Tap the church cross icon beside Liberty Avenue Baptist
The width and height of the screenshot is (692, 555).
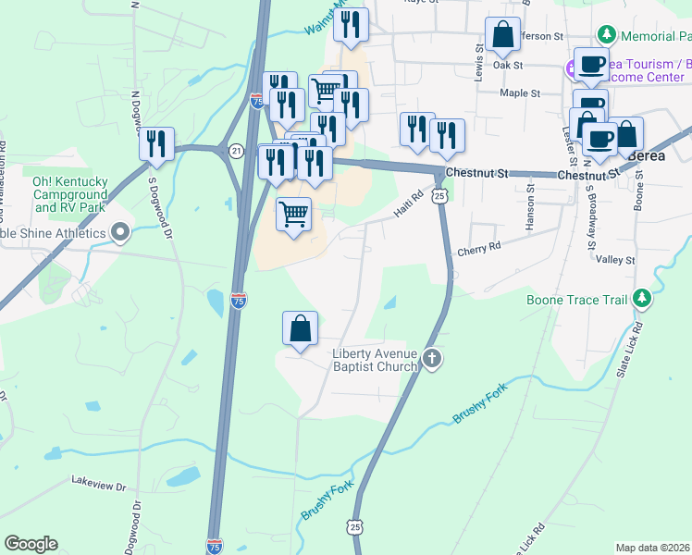(x=431, y=358)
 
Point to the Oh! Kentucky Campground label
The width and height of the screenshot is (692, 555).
(x=70, y=189)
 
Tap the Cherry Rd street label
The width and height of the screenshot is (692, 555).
(x=478, y=249)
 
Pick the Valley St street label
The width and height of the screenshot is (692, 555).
(x=615, y=261)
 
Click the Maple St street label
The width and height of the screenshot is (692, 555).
(x=519, y=93)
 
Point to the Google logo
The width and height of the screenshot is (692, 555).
(x=31, y=544)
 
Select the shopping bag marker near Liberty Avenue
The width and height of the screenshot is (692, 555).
(x=300, y=330)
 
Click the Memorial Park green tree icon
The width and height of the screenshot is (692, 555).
(x=607, y=35)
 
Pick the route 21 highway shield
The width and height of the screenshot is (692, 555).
(x=236, y=150)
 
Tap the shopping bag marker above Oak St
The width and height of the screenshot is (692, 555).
(x=502, y=36)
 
